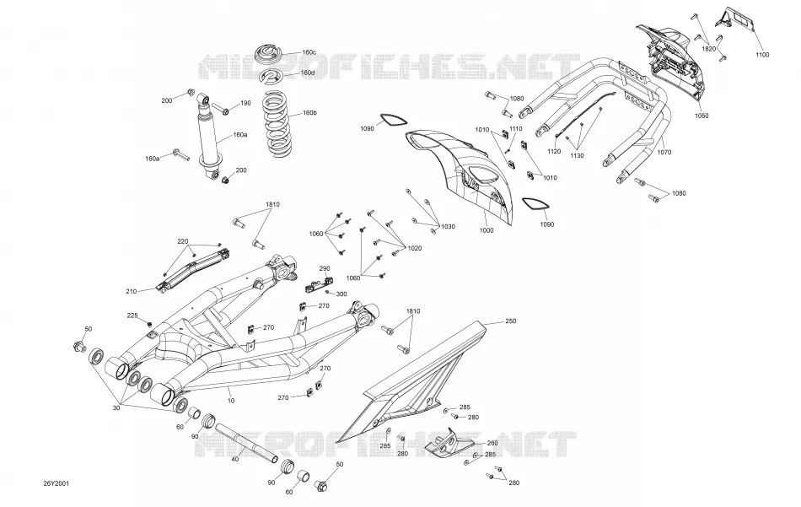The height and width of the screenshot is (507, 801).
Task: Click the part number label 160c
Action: pyautogui.click(x=309, y=52)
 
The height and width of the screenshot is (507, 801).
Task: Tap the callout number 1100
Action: pyautogui.click(x=761, y=55)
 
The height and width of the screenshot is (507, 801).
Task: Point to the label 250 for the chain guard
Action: pyautogui.click(x=510, y=321)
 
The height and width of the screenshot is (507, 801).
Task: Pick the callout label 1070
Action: pyautogui.click(x=664, y=153)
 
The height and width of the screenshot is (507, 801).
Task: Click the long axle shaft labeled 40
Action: pyautogui.click(x=245, y=442)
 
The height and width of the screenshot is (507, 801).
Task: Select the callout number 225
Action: pyautogui.click(x=132, y=316)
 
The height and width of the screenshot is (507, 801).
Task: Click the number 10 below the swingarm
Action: pyautogui.click(x=231, y=401)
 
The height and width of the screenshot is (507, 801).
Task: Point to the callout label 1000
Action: pyautogui.click(x=487, y=230)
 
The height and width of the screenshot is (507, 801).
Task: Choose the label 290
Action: pyautogui.click(x=325, y=268)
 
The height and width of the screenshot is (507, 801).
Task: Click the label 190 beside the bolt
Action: pyautogui.click(x=245, y=103)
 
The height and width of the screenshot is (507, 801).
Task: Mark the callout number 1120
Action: pyautogui.click(x=554, y=151)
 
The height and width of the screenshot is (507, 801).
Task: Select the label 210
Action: pyautogui.click(x=131, y=291)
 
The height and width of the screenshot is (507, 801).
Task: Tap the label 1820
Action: pyautogui.click(x=708, y=49)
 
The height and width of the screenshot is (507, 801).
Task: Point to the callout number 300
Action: pyautogui.click(x=341, y=294)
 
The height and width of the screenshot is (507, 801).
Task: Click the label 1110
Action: pyautogui.click(x=515, y=129)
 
